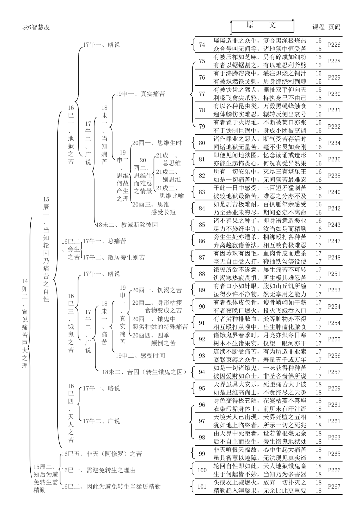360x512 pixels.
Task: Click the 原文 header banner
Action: tap(262, 26)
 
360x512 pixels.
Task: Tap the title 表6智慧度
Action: tap(36, 27)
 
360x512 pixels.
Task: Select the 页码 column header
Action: tap(334, 27)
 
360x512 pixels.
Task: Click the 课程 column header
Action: tap(318, 27)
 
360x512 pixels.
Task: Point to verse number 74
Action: tap(202, 45)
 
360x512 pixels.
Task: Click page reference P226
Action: tap(334, 45)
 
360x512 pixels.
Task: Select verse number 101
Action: tap(202, 486)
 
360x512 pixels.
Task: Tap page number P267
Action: tap(334, 486)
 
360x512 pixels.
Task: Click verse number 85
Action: tap(202, 225)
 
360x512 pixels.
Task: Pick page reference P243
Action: tap(334, 225)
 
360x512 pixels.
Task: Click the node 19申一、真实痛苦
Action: tap(140, 94)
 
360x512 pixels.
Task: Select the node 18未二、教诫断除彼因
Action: tap(127, 225)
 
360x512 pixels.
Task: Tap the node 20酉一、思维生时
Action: tap(157, 143)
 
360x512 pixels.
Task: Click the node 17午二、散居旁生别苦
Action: tap(114, 257)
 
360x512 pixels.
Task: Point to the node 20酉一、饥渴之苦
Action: tap(157, 290)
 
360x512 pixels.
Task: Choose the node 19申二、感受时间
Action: tap(140, 355)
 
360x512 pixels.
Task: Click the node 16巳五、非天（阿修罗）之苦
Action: tap(102, 454)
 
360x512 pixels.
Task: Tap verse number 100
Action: tap(202, 470)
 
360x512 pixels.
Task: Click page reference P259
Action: tap(334, 388)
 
